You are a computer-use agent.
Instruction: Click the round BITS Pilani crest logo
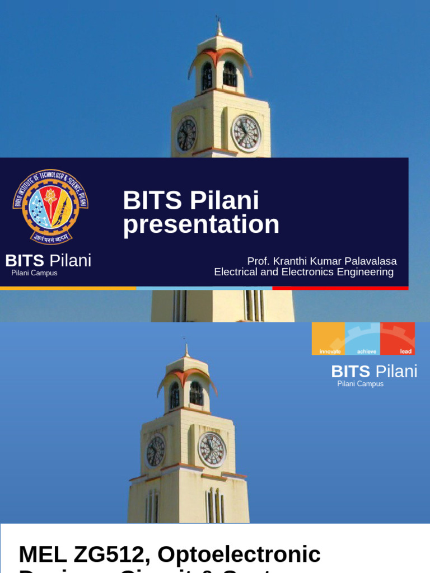click(50, 206)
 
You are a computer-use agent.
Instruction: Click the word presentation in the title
click(201, 225)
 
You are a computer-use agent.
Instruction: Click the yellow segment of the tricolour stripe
click(68, 288)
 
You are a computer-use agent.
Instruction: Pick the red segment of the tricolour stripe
click(340, 288)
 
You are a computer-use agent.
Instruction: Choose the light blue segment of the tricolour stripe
click(204, 288)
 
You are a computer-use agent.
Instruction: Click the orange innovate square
click(329, 339)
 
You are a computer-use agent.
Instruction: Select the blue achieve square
click(363, 339)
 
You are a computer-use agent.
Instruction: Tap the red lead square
click(398, 339)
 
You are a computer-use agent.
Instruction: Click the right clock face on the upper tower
click(246, 134)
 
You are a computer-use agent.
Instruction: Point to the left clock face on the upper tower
click(186, 135)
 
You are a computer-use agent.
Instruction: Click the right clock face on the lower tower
click(212, 449)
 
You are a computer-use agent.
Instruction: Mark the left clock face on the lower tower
click(155, 451)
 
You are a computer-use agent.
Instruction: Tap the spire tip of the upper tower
click(219, 21)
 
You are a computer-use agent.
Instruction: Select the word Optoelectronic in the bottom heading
click(239, 555)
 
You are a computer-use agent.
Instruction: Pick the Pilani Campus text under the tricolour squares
click(360, 384)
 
